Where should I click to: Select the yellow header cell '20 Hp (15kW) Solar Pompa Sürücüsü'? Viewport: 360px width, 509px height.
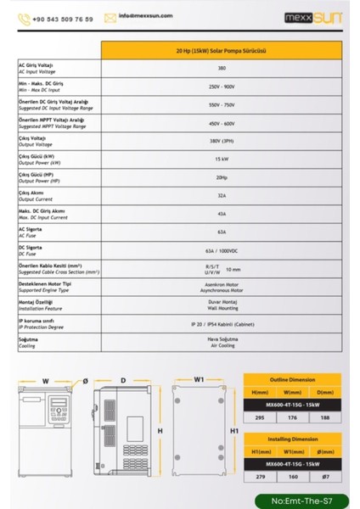(x=222, y=51)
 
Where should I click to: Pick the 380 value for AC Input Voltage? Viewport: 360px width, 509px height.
(x=222, y=67)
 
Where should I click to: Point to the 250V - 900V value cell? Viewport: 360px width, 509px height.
(x=222, y=86)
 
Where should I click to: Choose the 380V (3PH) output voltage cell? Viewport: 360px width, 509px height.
(x=222, y=140)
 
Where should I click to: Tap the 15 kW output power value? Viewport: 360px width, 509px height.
(x=222, y=159)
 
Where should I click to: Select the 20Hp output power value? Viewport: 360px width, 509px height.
(x=222, y=177)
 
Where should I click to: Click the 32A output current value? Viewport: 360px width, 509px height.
(x=222, y=195)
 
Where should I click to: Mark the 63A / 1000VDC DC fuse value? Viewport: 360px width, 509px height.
(x=222, y=251)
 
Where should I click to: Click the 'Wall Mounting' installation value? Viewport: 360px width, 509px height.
(x=222, y=309)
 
